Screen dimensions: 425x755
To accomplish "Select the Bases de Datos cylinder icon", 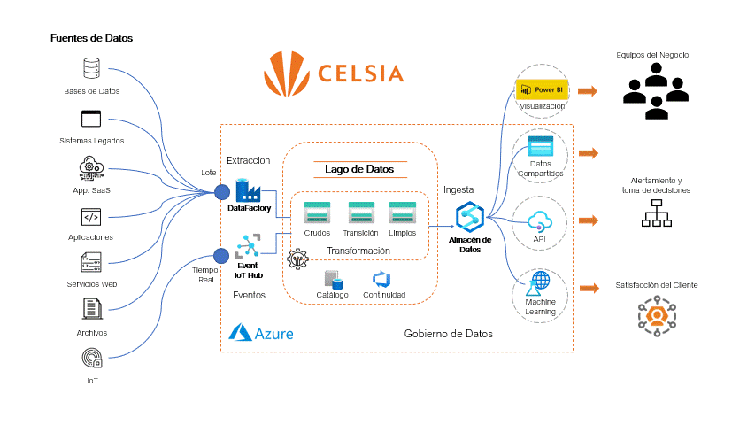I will tap(91, 68).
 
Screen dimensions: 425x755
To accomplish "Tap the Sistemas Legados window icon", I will tap(91, 119).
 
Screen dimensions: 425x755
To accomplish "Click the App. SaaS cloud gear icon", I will tap(91, 167).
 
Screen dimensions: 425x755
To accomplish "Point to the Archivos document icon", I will tap(91, 310).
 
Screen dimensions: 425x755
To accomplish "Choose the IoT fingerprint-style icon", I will tap(91, 358).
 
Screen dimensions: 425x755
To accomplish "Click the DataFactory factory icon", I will tap(246, 189).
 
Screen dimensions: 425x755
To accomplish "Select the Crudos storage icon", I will tap(317, 213).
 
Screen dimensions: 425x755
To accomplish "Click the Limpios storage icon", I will tap(403, 213).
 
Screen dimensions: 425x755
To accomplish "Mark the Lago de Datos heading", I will tap(359, 168).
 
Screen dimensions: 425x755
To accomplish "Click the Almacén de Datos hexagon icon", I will tap(468, 218).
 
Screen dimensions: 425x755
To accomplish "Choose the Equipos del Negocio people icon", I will tap(655, 94).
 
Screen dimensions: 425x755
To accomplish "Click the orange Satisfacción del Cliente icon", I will tap(657, 316).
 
